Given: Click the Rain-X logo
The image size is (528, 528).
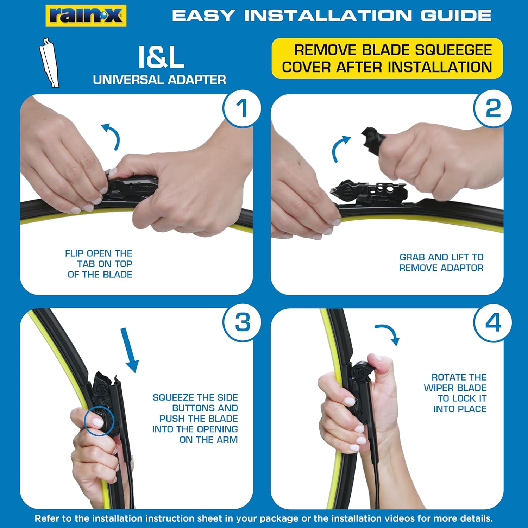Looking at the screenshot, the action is pos(86,15).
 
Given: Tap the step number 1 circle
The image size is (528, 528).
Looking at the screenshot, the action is pos(242,108).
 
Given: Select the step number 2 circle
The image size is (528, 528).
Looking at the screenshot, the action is pos(493,108).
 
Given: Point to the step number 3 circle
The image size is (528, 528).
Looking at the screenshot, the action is pos(242,322).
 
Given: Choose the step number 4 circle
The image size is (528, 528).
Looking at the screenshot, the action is pos(493,322).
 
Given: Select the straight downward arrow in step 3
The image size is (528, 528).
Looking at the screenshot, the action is pos(129,350).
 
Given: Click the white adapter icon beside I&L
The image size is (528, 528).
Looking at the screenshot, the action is pos(49,62).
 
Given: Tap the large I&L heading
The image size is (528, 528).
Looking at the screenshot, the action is pos(161,57).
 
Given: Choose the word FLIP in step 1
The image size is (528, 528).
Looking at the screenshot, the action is pos(75,253).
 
